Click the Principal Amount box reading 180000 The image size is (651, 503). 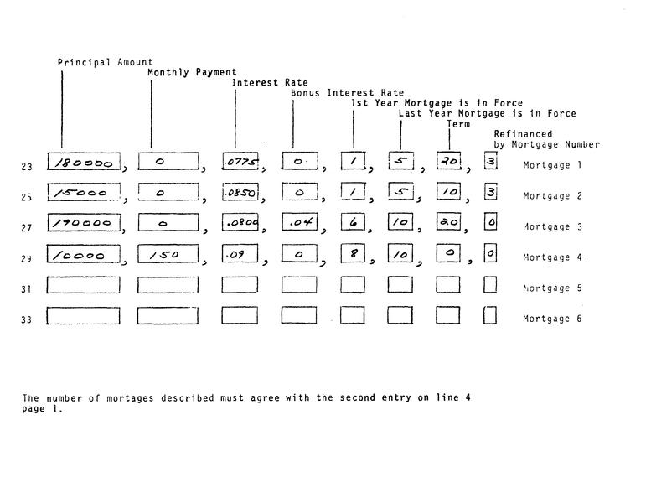83,162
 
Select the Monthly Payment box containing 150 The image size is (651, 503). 168,256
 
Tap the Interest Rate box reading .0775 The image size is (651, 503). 240,162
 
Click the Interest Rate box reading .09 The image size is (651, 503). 240,255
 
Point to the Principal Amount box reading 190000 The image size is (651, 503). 83,224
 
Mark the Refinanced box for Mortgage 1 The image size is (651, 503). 490,161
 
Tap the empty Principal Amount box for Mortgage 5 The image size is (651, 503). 83,285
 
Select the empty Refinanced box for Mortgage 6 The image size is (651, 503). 490,316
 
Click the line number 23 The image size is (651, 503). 27,167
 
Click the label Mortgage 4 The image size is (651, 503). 552,257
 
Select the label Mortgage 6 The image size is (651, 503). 552,319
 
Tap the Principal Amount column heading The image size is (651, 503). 105,62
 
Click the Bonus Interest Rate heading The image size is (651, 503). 347,93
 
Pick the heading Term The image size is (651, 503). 458,124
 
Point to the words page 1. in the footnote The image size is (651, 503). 42,410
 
